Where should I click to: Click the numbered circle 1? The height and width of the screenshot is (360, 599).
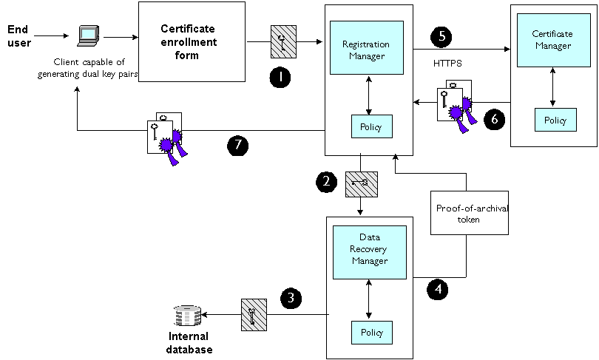pos(280,77)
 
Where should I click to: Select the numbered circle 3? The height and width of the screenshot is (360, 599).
pos(291,299)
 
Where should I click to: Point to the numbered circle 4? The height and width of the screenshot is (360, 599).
pos(439,288)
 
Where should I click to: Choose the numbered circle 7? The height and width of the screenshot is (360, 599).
pos(237,146)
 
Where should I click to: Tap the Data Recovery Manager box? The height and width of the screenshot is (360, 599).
pos(369,252)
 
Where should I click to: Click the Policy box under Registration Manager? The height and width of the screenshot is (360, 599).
pos(371,127)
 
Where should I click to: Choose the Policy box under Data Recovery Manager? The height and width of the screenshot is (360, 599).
pos(371,333)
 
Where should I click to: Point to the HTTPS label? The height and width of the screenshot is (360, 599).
pos(447,64)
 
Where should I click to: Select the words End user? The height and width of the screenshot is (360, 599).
pos(17,36)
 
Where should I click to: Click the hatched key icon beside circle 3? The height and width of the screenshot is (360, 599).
pos(253,314)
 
